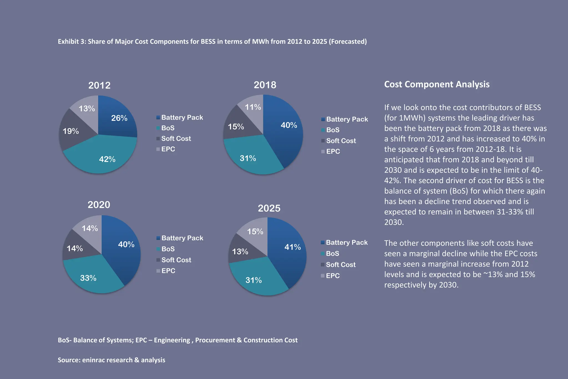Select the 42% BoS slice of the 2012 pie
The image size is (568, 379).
(x=107, y=159)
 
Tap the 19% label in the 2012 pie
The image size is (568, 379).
(x=71, y=131)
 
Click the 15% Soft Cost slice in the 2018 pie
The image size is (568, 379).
(x=236, y=127)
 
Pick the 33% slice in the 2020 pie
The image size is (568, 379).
(x=88, y=278)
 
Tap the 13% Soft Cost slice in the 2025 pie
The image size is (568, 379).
(x=240, y=252)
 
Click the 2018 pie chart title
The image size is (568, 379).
(x=265, y=85)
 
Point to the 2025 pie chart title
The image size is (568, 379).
(x=269, y=208)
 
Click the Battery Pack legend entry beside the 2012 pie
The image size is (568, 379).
(x=182, y=117)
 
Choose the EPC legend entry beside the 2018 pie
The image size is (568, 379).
(x=333, y=151)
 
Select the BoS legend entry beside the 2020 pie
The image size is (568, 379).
(x=168, y=249)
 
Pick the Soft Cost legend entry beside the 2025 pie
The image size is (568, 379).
(x=341, y=265)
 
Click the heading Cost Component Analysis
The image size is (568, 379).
(x=437, y=84)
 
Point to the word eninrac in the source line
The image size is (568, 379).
(x=93, y=360)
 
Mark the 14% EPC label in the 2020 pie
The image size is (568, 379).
(x=90, y=228)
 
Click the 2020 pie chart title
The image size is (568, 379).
(x=99, y=205)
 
